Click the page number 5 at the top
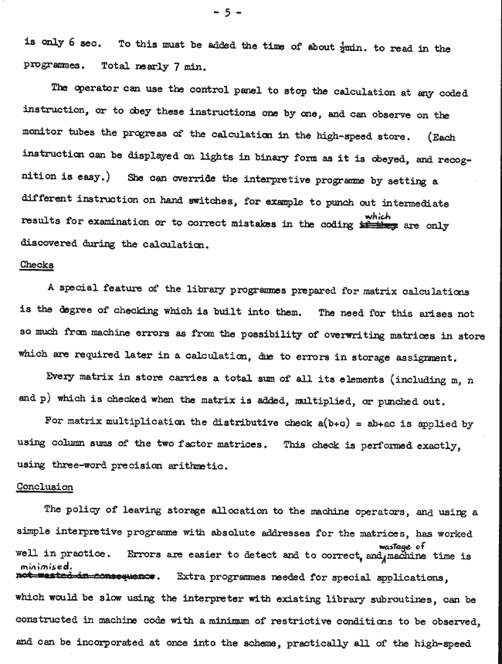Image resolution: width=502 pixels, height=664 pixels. pyautogui.click(x=252, y=12)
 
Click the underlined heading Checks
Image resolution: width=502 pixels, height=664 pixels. pyautogui.click(x=36, y=265)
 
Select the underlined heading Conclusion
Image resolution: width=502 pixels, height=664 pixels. pyautogui.click(x=46, y=487)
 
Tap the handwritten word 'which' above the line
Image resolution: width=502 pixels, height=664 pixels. pyautogui.click(x=377, y=216)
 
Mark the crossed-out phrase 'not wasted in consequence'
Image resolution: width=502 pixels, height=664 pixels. pyautogui.click(x=86, y=576)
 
